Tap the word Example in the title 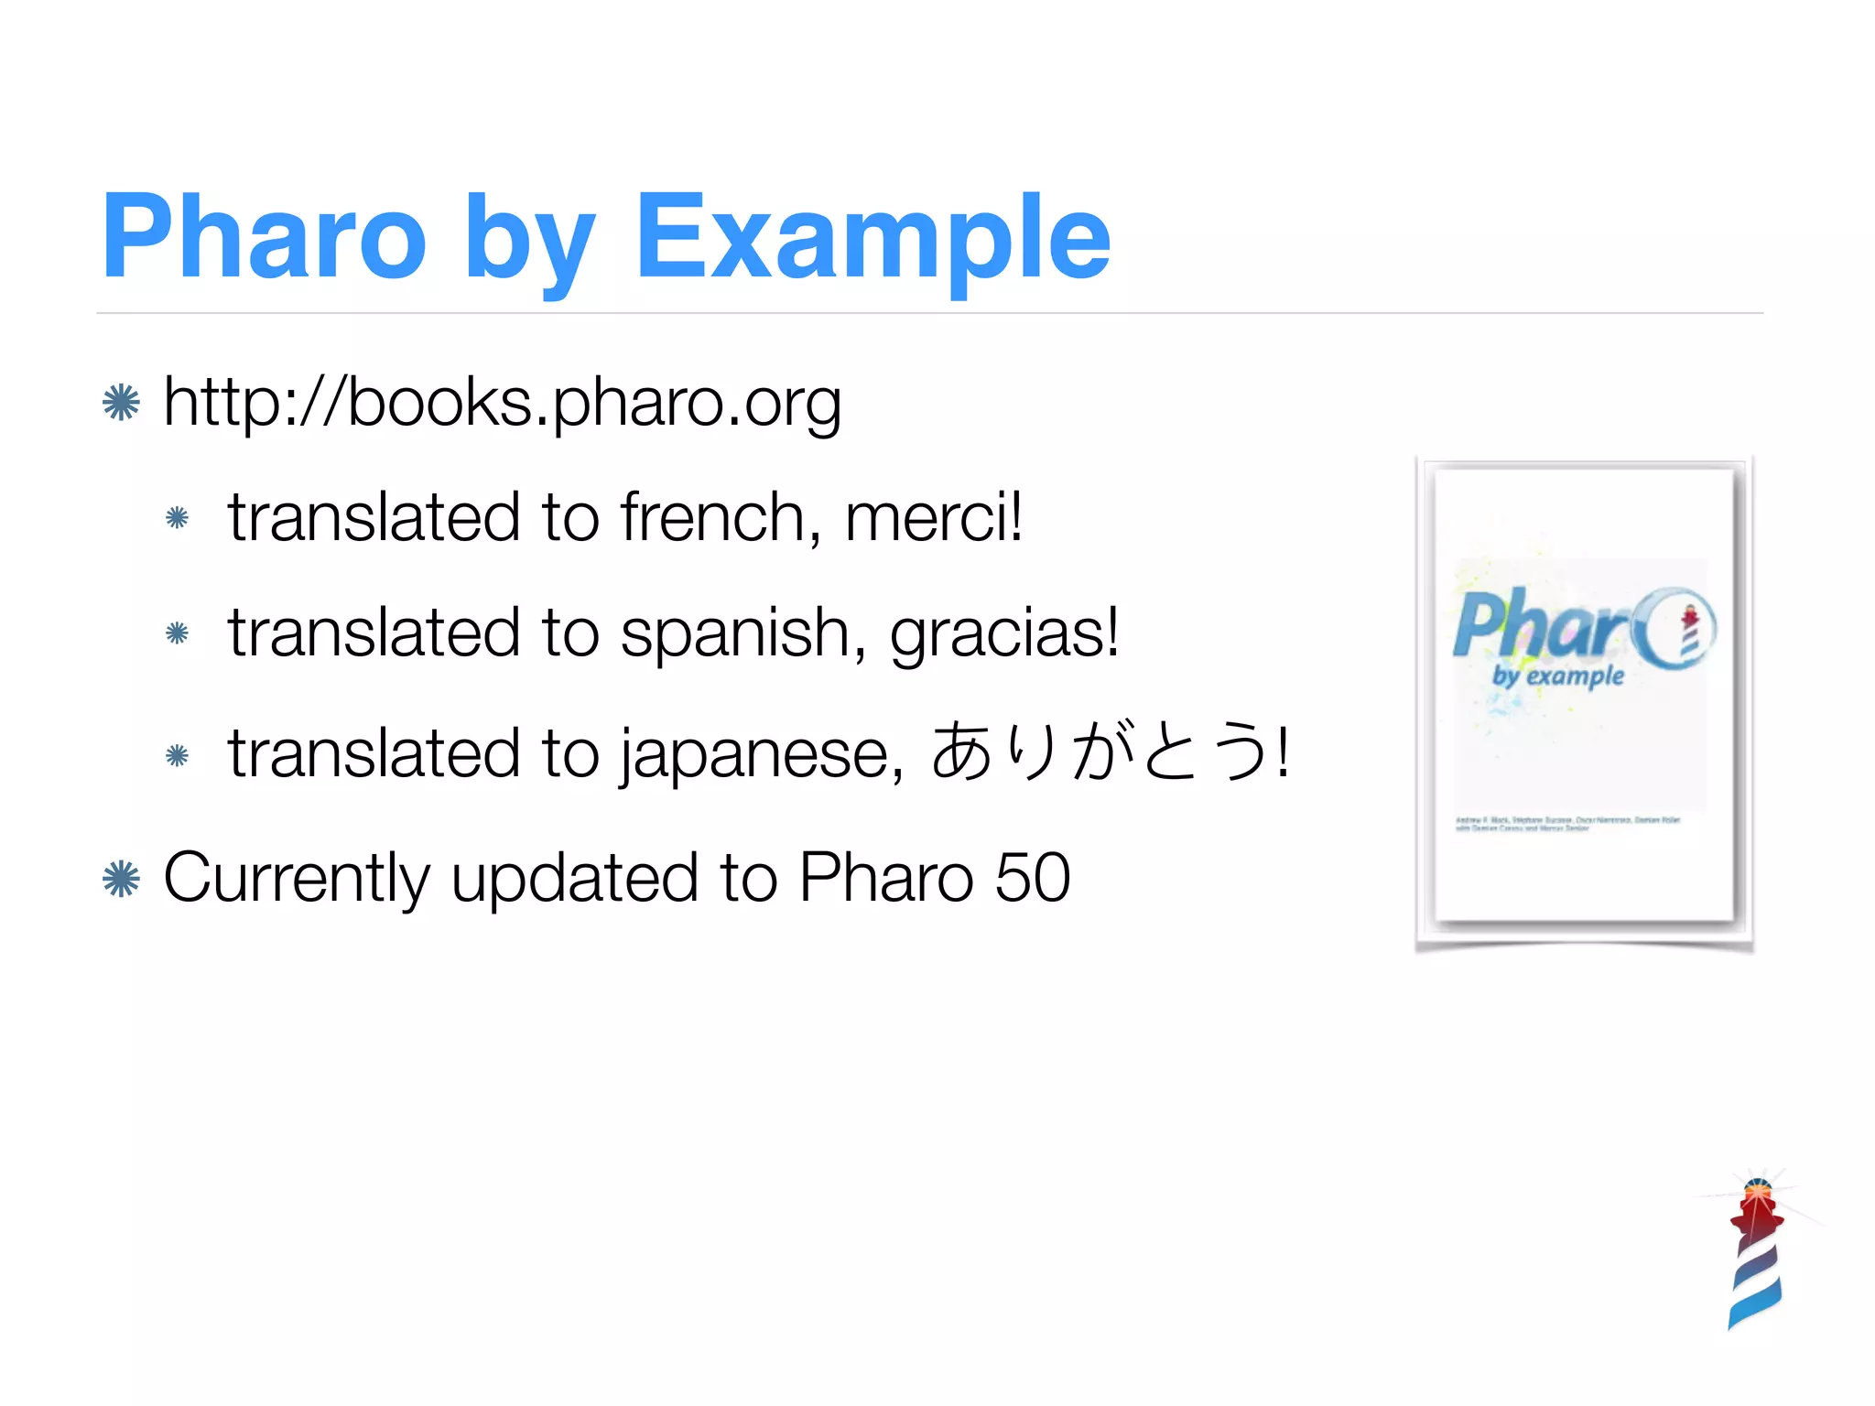[872, 240]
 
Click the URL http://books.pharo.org [502, 403]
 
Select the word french [712, 517]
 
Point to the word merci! [933, 517]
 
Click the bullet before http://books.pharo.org [121, 403]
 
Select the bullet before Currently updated [121, 880]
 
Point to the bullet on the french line [178, 519]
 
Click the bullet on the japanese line [178, 756]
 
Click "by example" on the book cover [1557, 676]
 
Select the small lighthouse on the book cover [1690, 630]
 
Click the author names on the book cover [1567, 823]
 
